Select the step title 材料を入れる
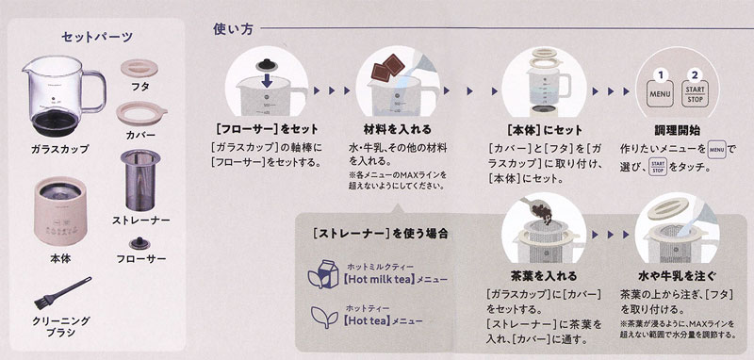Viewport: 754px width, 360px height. (397, 129)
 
